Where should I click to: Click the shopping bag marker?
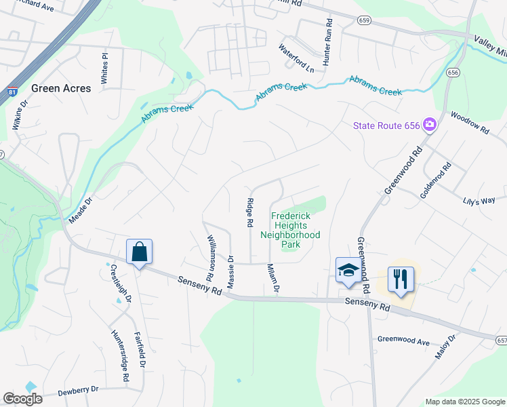(139, 252)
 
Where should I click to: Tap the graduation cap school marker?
(348, 270)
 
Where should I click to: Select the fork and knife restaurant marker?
(401, 278)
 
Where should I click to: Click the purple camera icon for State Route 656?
(428, 124)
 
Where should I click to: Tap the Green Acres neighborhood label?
(61, 88)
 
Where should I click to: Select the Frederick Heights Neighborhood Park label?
(291, 230)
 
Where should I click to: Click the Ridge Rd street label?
(249, 212)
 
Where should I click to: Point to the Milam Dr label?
(273, 278)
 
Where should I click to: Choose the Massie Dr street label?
(231, 269)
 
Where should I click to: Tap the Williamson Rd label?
(211, 258)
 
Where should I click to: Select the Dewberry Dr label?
(78, 390)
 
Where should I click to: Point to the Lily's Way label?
(479, 201)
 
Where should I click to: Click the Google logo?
(23, 399)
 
